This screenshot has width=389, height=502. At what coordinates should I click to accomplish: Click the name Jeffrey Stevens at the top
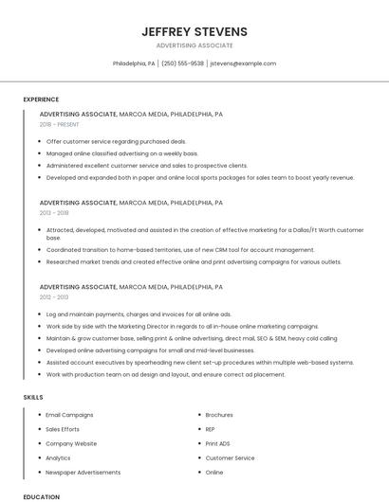point(194,31)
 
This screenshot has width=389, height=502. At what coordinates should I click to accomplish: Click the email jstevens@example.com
point(243,63)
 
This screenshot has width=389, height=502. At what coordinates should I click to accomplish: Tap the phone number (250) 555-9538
point(182,63)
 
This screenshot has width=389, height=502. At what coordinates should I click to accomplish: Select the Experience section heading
point(41,99)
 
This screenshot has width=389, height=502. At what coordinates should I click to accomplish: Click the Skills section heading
point(33,398)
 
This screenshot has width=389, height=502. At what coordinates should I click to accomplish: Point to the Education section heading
point(42,496)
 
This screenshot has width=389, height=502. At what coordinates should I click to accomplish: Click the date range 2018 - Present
point(60,124)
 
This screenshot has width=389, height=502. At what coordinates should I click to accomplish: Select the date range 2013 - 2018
point(54,213)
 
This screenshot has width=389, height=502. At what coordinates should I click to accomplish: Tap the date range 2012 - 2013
point(54,296)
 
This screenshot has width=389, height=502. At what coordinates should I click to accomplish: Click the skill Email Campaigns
point(69,415)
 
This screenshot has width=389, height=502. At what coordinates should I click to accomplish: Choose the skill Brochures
point(219,415)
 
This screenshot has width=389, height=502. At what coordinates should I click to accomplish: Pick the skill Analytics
point(58,457)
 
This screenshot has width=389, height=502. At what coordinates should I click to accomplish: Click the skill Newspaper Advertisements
point(83,472)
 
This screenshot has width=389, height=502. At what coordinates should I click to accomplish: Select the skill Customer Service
point(230,457)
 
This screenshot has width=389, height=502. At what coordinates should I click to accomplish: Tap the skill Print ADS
point(217,443)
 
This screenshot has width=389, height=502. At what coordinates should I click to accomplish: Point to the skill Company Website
point(71,443)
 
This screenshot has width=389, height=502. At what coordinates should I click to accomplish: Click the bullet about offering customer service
point(116,140)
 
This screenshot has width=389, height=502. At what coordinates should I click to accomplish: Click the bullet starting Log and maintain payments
point(139,314)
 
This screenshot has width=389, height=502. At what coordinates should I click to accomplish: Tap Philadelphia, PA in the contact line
point(134,63)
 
